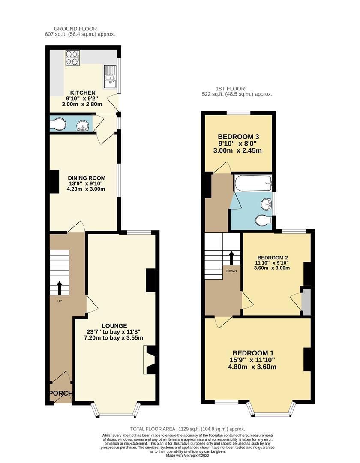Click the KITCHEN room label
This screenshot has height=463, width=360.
point(83,93)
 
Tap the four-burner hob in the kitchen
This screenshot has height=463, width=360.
point(72,58)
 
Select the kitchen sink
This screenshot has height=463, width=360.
point(110,76)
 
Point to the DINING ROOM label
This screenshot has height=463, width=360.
point(87,178)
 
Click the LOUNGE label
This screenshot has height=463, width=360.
point(114,325)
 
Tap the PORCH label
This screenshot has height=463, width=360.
point(60,393)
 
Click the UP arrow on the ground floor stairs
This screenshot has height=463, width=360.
point(59,288)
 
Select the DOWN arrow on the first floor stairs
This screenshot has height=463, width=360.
point(231,257)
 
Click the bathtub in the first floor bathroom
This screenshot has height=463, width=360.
point(253,183)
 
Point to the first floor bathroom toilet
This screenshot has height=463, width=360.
point(262,221)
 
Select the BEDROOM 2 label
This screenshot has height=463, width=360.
point(273,257)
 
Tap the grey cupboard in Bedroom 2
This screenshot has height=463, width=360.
point(306,302)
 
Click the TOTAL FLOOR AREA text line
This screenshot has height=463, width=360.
point(187,429)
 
